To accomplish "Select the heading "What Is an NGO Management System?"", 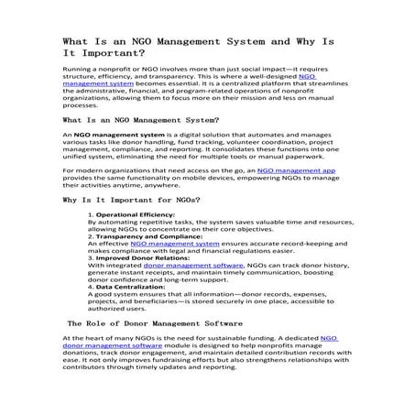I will point(140,120).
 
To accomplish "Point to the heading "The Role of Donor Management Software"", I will point(154,323).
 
